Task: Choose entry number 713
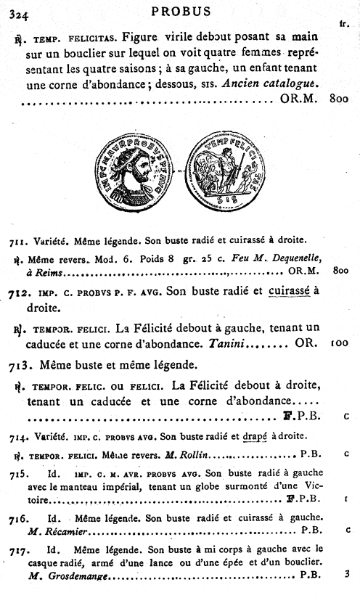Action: pyautogui.click(x=20, y=362)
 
